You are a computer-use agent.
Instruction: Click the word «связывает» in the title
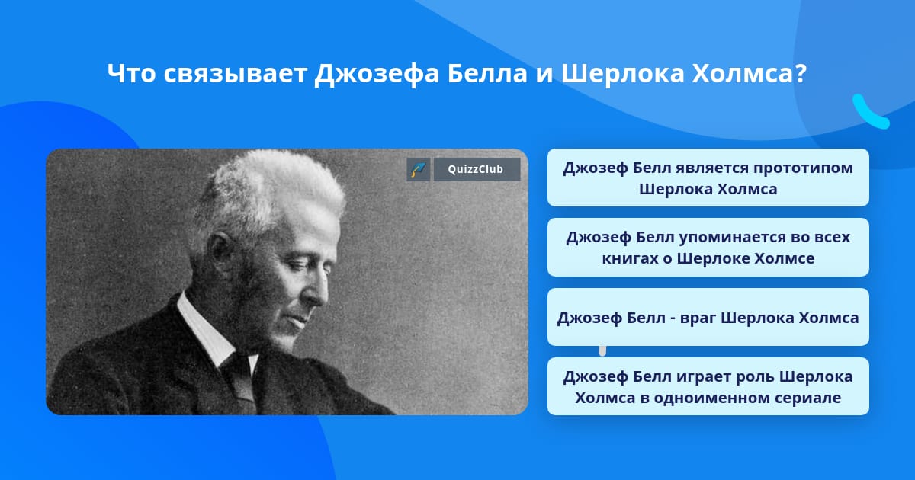click(x=236, y=74)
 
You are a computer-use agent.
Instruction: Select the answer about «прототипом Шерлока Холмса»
click(x=708, y=178)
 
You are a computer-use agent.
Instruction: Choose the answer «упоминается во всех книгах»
click(x=708, y=248)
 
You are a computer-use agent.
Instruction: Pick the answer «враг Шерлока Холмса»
click(x=708, y=317)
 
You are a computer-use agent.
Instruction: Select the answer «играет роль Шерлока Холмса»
click(x=708, y=386)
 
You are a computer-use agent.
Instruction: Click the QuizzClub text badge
click(x=477, y=169)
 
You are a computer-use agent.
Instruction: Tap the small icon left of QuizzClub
click(x=419, y=169)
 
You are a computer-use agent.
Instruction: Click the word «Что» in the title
click(x=131, y=73)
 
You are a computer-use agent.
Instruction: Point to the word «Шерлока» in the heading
click(x=623, y=73)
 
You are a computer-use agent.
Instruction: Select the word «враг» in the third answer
click(x=697, y=318)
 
